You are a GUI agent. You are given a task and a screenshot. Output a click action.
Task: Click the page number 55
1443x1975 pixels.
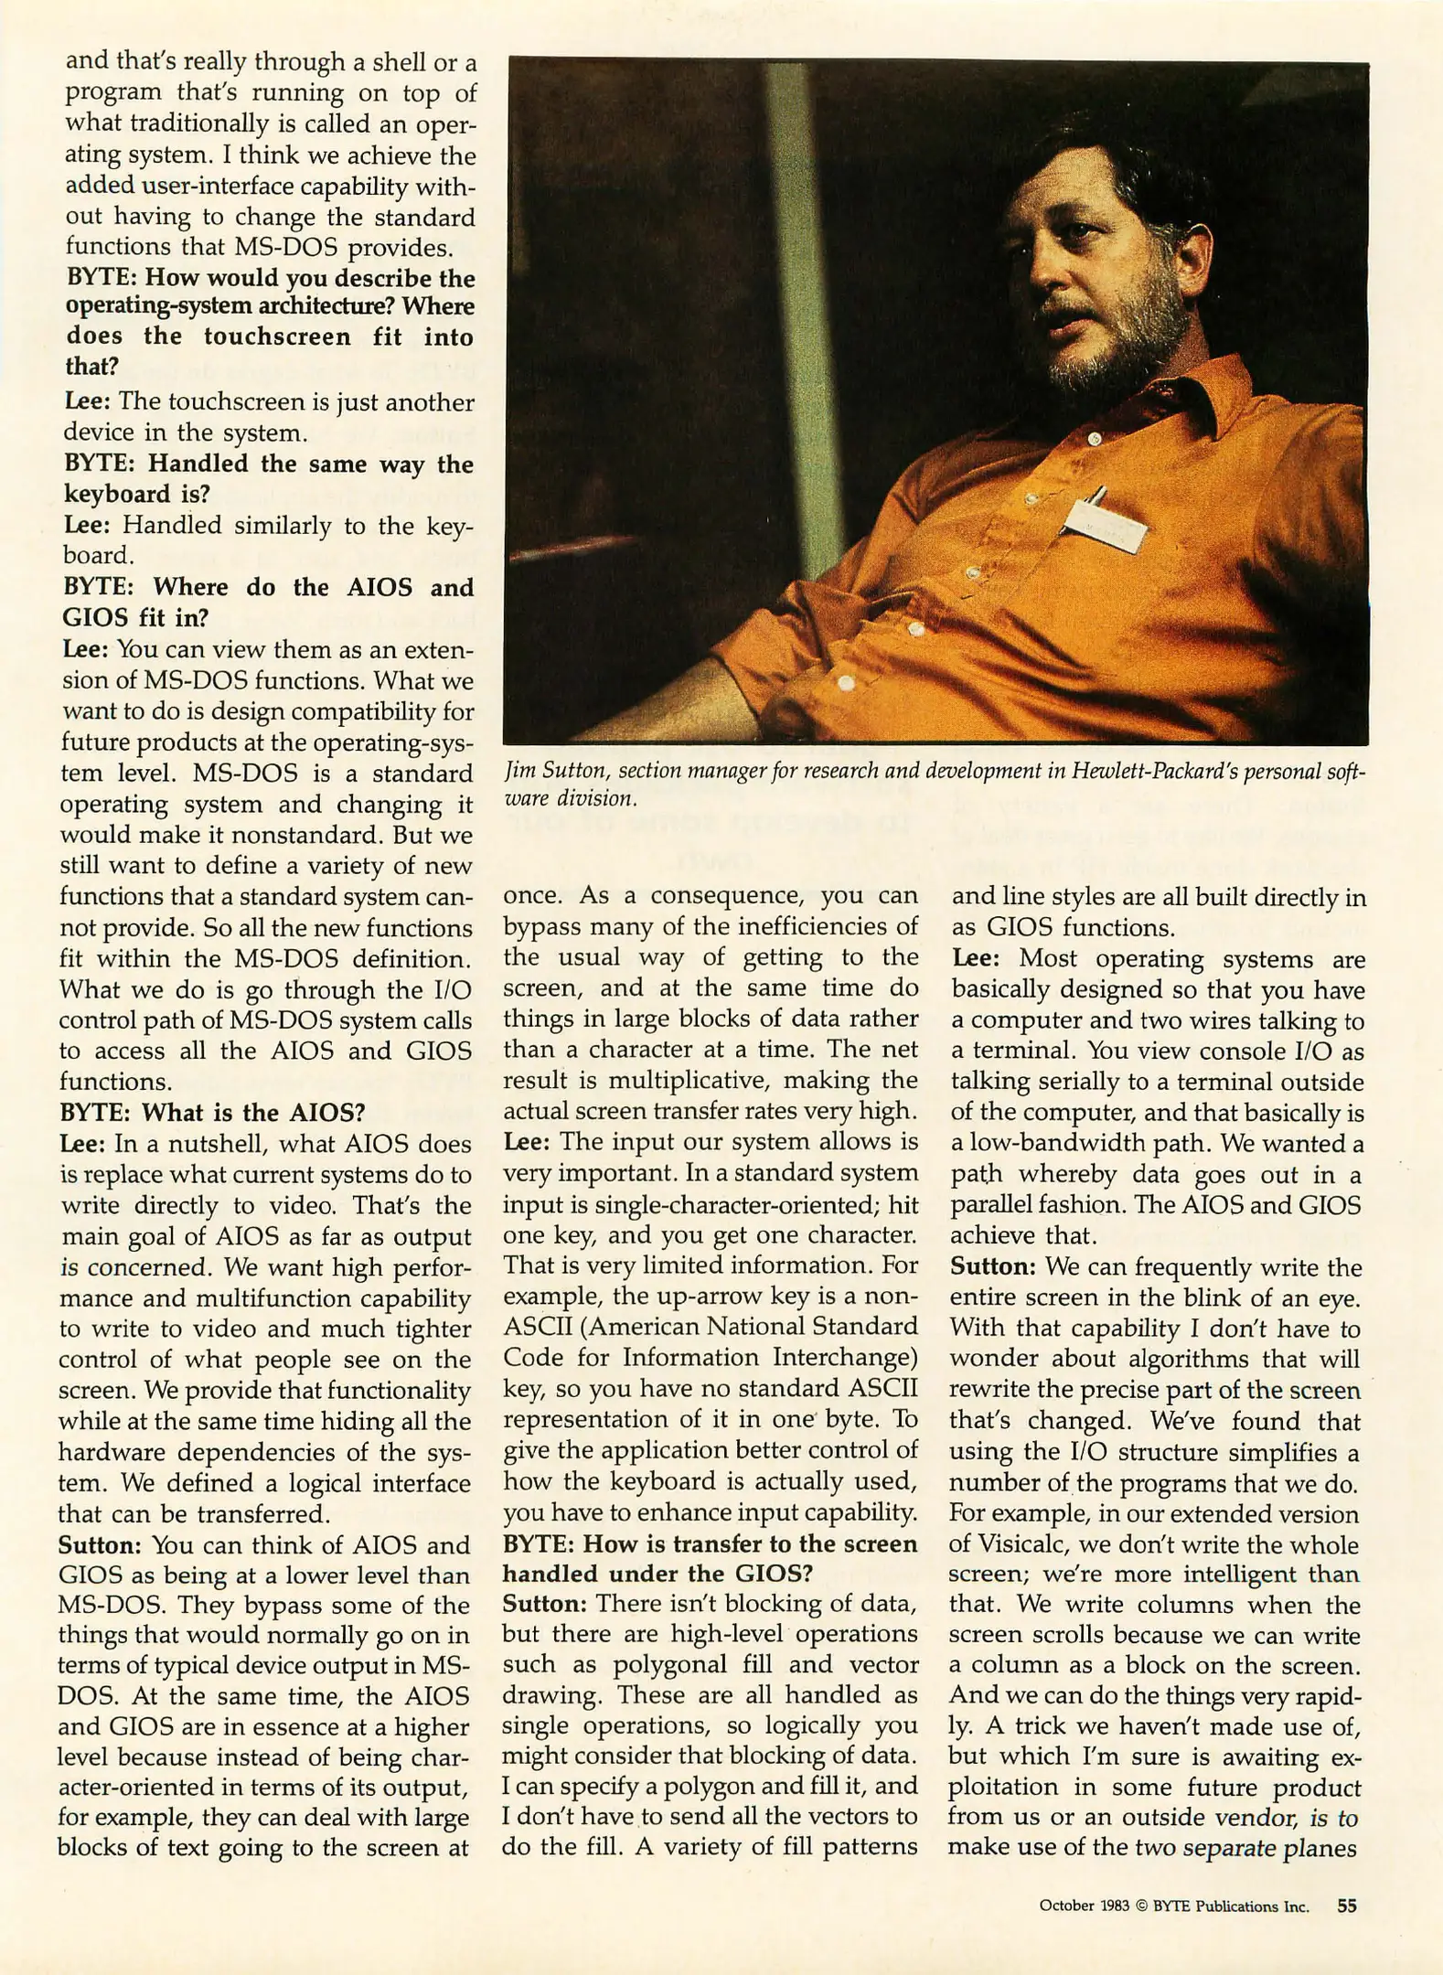click(1346, 1906)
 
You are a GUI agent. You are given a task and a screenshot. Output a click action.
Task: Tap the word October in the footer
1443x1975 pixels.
click(1066, 1906)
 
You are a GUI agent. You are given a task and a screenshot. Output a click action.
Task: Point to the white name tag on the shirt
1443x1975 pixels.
click(1104, 525)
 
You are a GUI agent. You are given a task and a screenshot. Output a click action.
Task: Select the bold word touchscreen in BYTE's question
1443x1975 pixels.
click(277, 336)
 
